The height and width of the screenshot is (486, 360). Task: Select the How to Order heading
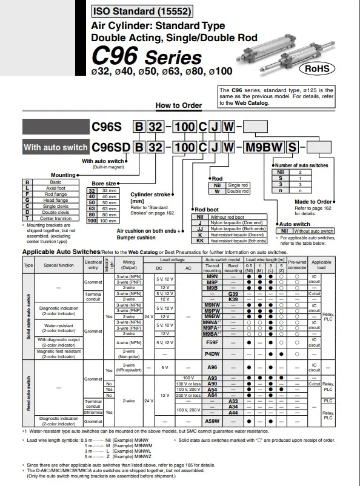point(178,105)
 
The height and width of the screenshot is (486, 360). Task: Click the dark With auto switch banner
point(55,147)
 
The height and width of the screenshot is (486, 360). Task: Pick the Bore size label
point(103,183)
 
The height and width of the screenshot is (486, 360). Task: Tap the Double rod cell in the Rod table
point(237,191)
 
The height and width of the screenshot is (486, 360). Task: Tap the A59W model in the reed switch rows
point(212,420)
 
